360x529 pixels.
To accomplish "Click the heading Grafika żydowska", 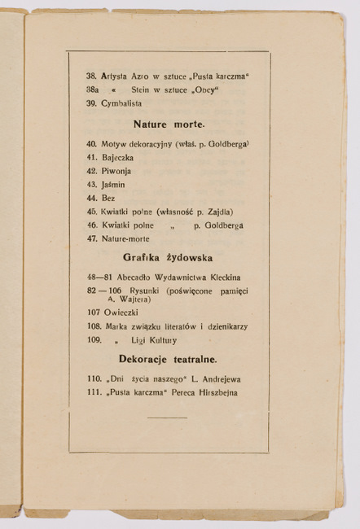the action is coord(168,257).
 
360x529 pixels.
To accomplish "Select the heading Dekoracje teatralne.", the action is coord(168,359).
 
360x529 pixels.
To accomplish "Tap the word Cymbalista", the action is coord(121,103).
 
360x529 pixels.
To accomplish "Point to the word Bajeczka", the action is coord(118,157).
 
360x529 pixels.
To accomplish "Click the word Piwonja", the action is coord(116,171).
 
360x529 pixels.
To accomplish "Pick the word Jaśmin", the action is coord(114,185).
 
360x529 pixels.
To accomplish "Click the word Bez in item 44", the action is coord(108,198).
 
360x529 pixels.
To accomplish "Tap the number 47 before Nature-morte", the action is coord(91,238).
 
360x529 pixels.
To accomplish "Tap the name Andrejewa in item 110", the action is coord(217,378).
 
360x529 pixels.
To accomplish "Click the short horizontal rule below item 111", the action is coord(167,418).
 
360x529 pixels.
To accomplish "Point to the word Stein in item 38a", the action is coord(140,90).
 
